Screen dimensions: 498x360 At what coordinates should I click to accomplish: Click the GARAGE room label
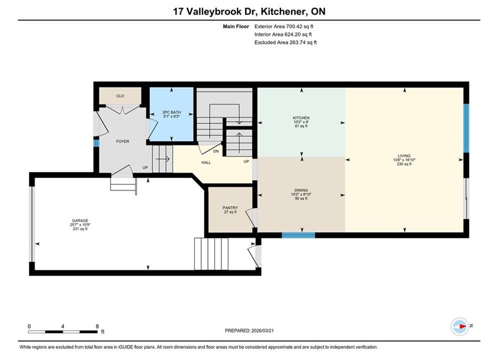click(x=80, y=220)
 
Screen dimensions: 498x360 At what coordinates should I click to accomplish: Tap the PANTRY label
click(x=230, y=208)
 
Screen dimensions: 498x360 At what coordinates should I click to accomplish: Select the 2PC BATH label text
click(x=172, y=112)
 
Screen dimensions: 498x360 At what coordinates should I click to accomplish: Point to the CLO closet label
click(x=120, y=96)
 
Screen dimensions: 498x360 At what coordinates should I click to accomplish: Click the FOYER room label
click(x=123, y=141)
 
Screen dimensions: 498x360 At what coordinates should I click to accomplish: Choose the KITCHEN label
click(x=301, y=118)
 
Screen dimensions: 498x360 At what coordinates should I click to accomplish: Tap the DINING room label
click(x=301, y=190)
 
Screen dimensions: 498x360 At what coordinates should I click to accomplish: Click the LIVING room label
click(x=404, y=156)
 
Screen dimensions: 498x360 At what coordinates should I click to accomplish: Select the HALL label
click(x=206, y=162)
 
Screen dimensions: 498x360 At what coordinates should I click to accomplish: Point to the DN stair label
click(x=216, y=151)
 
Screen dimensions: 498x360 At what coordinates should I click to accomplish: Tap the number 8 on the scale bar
click(x=97, y=326)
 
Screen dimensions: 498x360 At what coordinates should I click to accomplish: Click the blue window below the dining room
click(x=298, y=235)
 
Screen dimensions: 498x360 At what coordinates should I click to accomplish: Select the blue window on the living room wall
click(x=466, y=128)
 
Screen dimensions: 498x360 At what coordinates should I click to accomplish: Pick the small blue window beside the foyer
click(x=96, y=143)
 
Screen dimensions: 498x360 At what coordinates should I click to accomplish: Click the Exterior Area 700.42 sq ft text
click(x=284, y=26)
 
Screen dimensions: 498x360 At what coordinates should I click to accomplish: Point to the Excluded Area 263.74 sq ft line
click(x=285, y=42)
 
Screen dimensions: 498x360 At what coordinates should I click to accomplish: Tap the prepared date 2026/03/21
click(x=262, y=330)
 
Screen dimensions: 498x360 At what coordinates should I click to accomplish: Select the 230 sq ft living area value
click(x=404, y=164)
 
